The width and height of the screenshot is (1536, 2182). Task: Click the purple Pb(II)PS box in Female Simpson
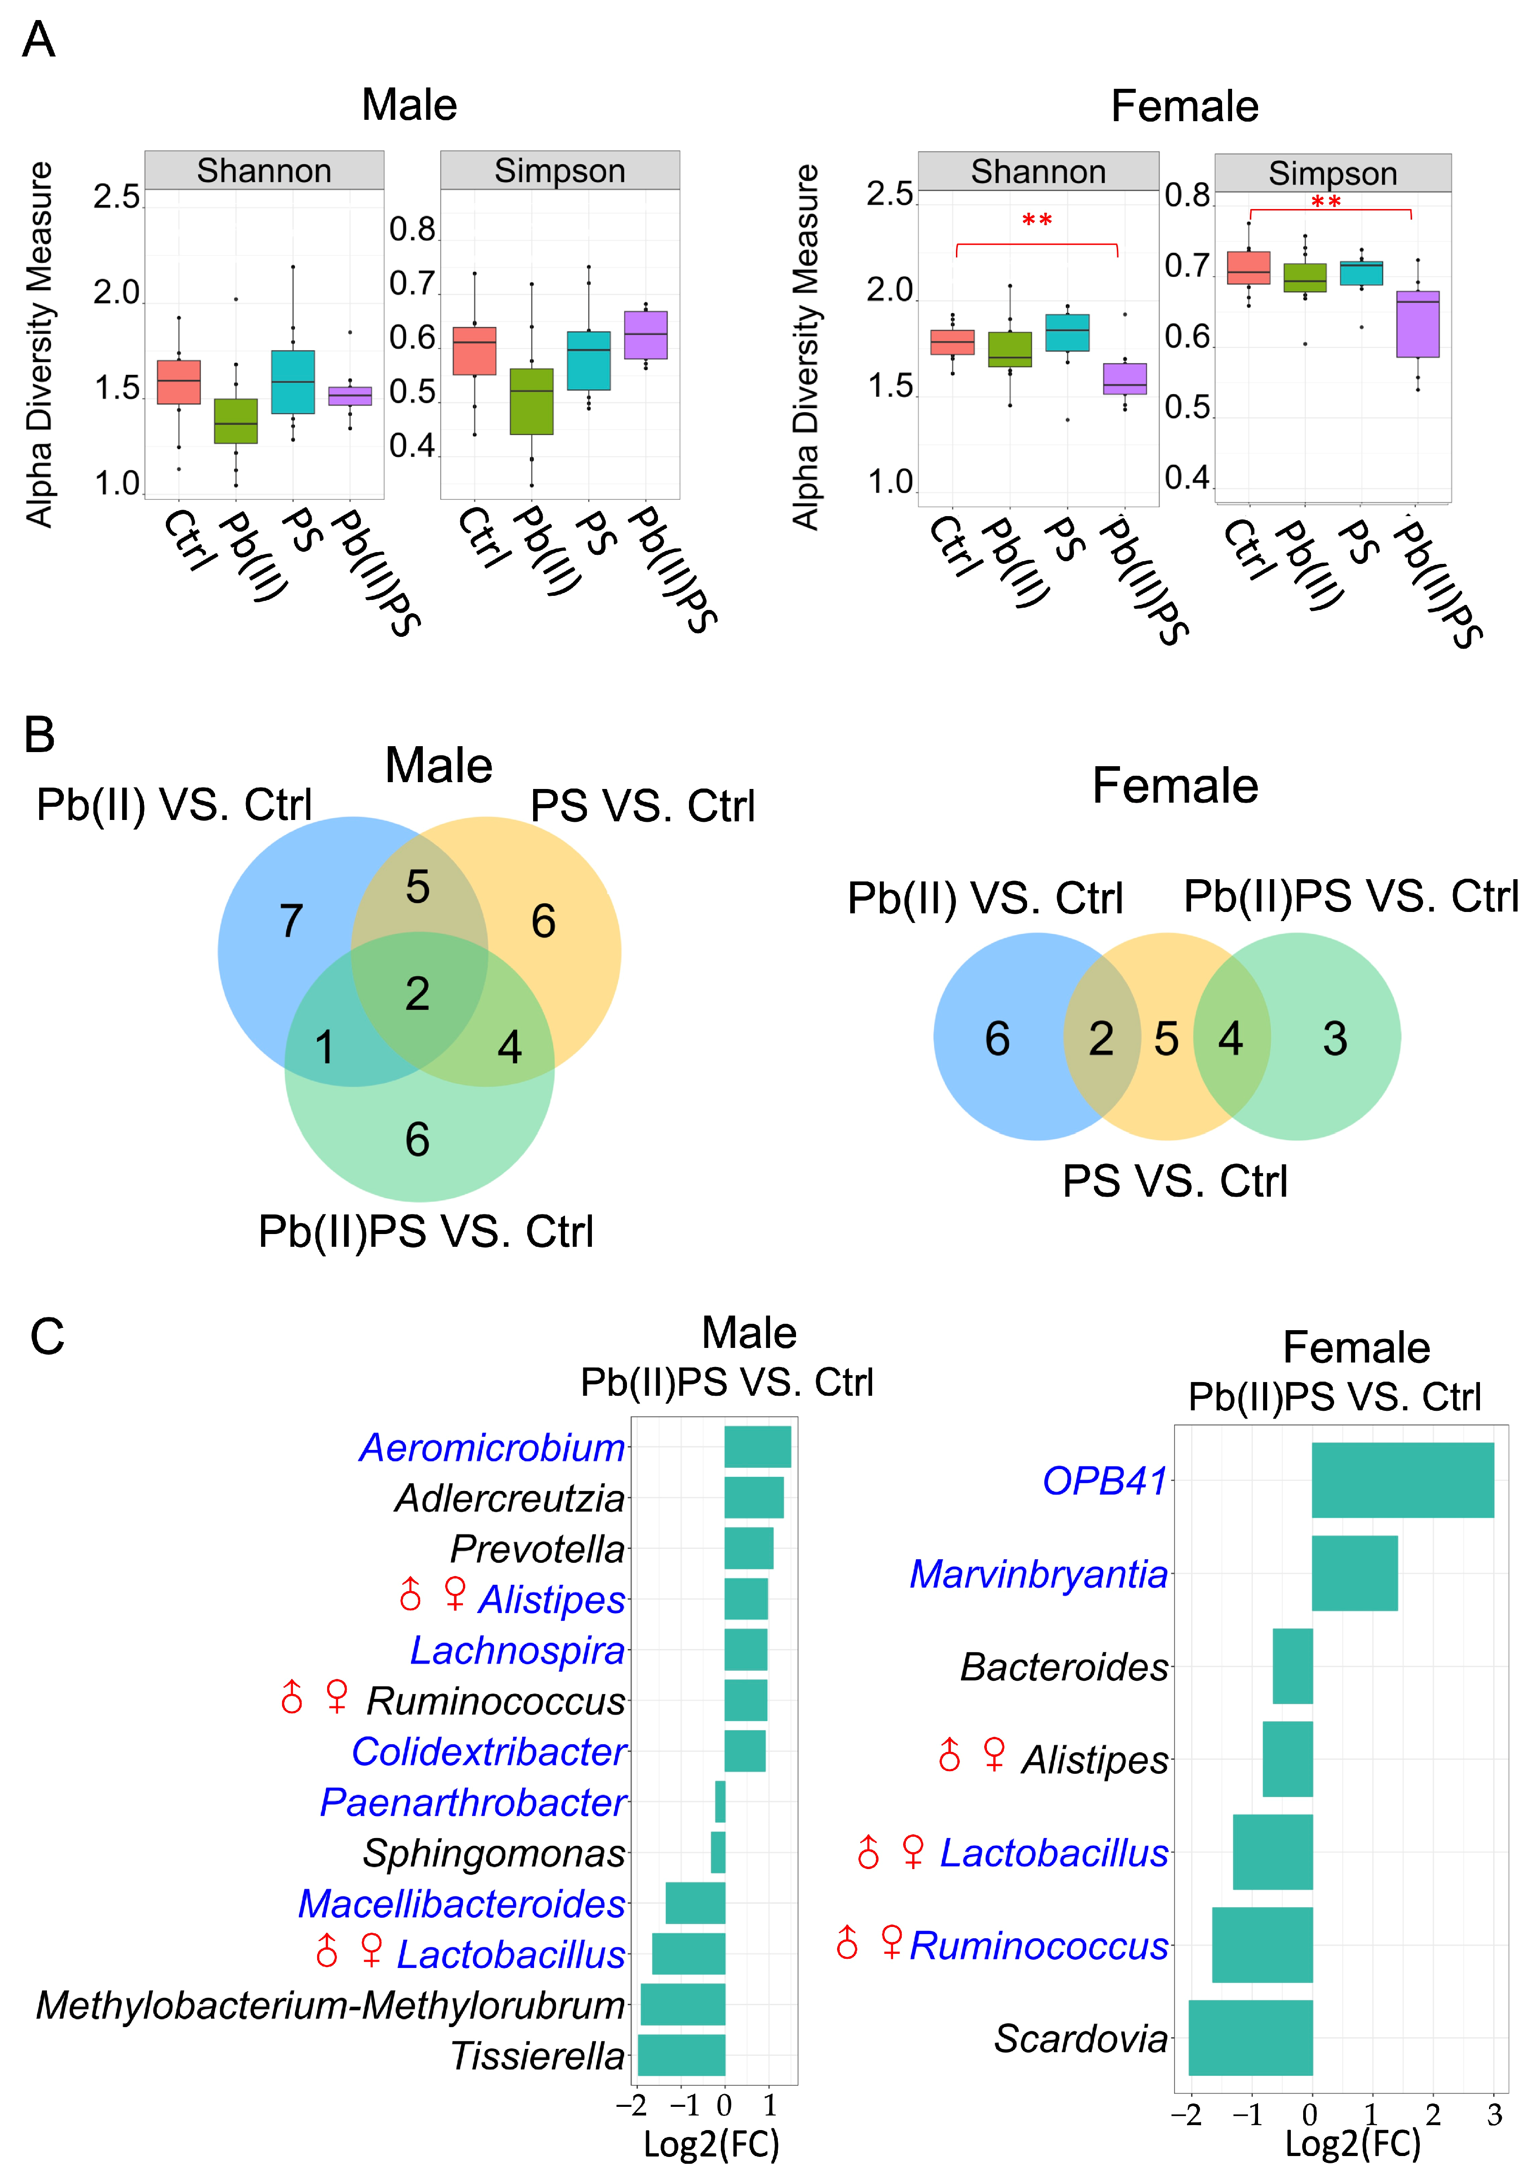click(1417, 324)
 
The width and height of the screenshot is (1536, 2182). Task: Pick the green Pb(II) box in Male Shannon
click(236, 421)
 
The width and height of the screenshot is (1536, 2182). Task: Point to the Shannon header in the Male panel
click(264, 171)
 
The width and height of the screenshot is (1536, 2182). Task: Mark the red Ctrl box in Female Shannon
click(952, 342)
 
